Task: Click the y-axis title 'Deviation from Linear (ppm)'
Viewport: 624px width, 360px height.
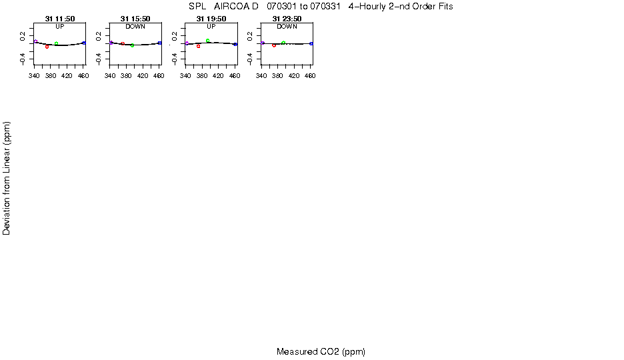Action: pyautogui.click(x=7, y=178)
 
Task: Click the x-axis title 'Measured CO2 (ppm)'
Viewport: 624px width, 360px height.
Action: pyautogui.click(x=321, y=352)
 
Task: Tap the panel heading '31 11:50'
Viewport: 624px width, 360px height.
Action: pyautogui.click(x=60, y=19)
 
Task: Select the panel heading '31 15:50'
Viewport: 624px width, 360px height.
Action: pyautogui.click(x=135, y=19)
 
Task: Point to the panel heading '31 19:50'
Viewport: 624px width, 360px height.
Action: pyautogui.click(x=211, y=19)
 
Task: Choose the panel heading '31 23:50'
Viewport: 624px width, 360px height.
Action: pyautogui.click(x=287, y=19)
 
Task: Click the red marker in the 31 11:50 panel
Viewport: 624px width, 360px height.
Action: pyautogui.click(x=47, y=47)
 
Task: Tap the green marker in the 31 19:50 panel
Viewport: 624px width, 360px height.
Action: pyautogui.click(x=208, y=41)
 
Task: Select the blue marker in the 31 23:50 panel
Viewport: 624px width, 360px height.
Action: pyautogui.click(x=311, y=43)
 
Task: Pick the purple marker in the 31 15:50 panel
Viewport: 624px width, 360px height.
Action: pyautogui.click(x=111, y=43)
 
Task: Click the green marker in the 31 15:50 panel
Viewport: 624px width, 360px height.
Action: pyautogui.click(x=133, y=45)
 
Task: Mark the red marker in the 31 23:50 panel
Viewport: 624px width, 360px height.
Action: pyautogui.click(x=274, y=45)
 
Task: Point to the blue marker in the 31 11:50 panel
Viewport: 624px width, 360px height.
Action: pyautogui.click(x=84, y=43)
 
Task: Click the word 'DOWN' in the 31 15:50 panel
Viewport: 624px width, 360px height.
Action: pyautogui.click(x=135, y=27)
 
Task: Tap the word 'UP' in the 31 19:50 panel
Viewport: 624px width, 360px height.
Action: pyautogui.click(x=211, y=27)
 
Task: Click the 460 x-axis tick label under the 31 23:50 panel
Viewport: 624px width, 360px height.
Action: pyautogui.click(x=310, y=77)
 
